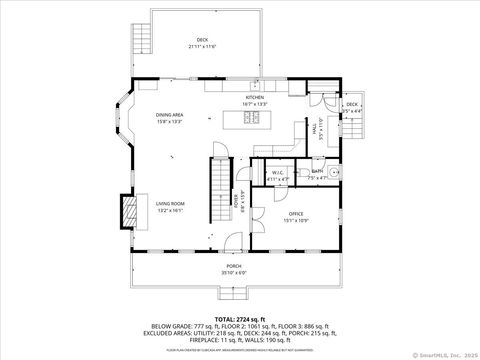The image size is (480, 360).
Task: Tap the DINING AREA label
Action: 169,115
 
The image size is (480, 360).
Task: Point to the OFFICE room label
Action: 295,213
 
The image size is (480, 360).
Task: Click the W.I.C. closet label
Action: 279,172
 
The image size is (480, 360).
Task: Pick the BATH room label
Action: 316,172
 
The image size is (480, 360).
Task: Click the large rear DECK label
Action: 202,41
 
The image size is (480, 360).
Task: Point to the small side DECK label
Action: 352,104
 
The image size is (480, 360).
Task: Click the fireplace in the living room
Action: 128,211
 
